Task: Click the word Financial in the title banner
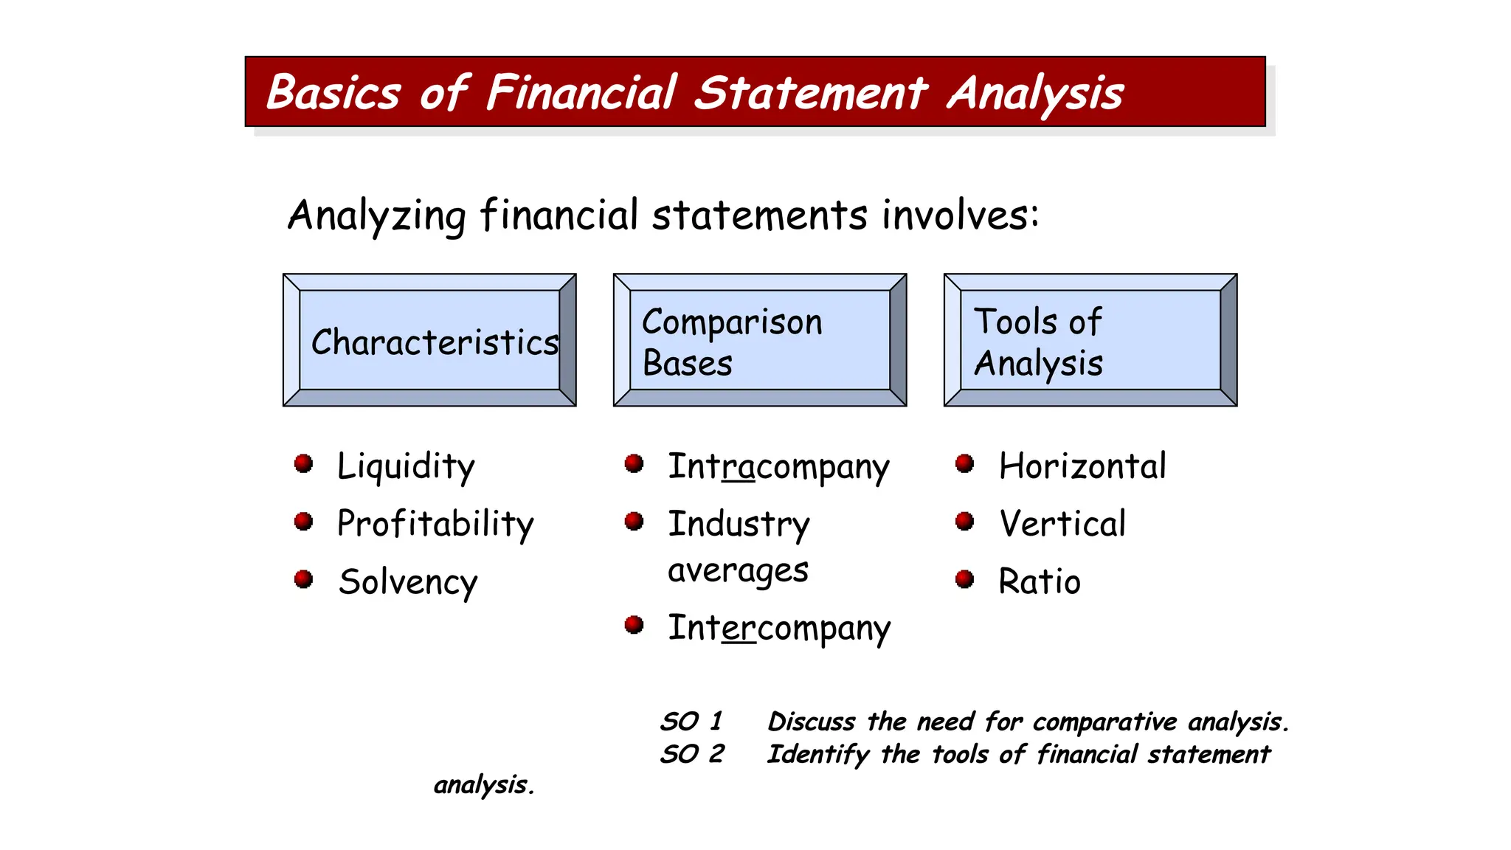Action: (x=581, y=93)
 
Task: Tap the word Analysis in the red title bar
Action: (x=1034, y=94)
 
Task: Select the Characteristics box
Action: (x=429, y=340)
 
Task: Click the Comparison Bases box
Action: (x=760, y=340)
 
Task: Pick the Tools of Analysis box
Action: (x=1090, y=340)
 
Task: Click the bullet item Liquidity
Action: (x=406, y=466)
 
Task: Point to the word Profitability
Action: (x=435, y=524)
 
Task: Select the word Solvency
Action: (x=408, y=582)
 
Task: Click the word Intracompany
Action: (x=778, y=467)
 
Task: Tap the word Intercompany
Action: (x=779, y=629)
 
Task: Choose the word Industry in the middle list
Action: (x=739, y=525)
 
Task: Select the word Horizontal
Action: (x=1082, y=466)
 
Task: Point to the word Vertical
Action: (x=1062, y=524)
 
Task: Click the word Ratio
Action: (x=1040, y=581)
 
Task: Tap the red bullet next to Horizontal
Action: (x=964, y=463)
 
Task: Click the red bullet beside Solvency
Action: (x=303, y=579)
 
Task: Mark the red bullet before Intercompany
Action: (x=634, y=625)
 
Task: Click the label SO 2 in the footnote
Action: (x=692, y=754)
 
